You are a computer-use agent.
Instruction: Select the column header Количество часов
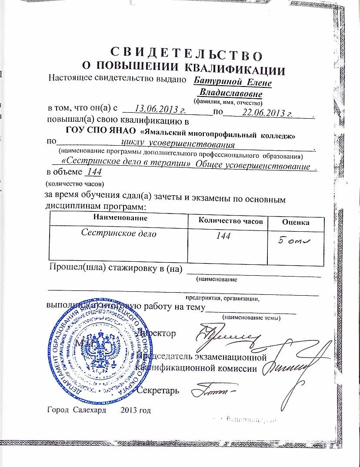230,220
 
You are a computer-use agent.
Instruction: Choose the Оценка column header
296,222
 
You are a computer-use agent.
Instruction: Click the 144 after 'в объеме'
94,172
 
